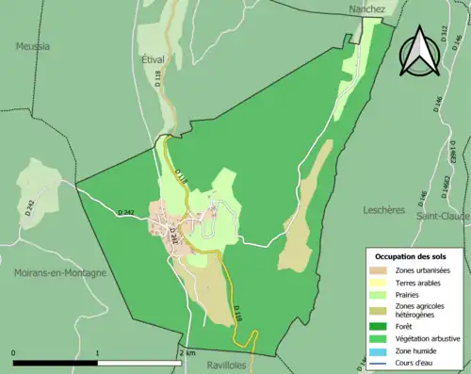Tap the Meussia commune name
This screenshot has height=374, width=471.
click(33, 45)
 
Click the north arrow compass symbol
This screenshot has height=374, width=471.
click(416, 53)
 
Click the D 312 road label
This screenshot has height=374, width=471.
click(443, 36)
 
